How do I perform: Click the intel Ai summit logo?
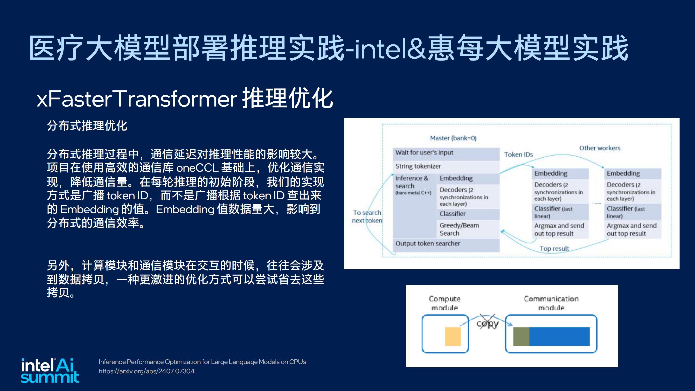[x=50, y=370]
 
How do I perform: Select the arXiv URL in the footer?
[x=146, y=371]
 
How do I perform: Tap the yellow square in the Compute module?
[x=453, y=336]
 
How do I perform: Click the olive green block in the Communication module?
[x=521, y=336]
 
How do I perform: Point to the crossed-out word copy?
[x=487, y=323]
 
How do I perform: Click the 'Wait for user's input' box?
[x=446, y=154]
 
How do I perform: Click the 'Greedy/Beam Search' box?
[x=468, y=229]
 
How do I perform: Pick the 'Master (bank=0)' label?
[x=453, y=138]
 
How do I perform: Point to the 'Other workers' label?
[x=600, y=148]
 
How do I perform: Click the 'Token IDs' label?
[x=519, y=155]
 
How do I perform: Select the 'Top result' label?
[x=554, y=249]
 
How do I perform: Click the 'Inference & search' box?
[x=414, y=206]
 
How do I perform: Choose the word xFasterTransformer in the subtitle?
[x=137, y=99]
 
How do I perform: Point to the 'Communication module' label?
[x=551, y=303]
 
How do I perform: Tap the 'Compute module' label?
[x=445, y=303]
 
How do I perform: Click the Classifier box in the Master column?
[x=468, y=214]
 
